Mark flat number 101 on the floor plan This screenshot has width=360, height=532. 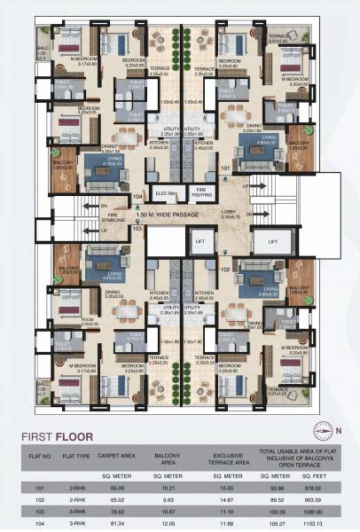(225, 166)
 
